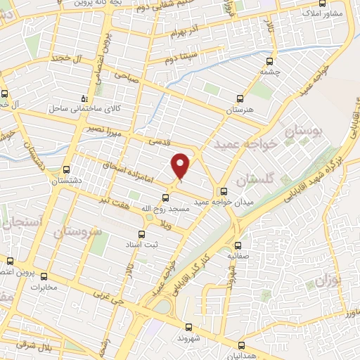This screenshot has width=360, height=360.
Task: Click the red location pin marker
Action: pyautogui.click(x=181, y=166)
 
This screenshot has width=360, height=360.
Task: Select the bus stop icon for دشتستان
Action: pyautogui.click(x=66, y=169)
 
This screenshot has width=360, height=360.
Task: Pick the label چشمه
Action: pyautogui.click(x=270, y=71)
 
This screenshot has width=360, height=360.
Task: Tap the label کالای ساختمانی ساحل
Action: pyautogui.click(x=77, y=109)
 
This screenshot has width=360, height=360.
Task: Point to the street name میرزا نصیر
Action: pyautogui.click(x=98, y=131)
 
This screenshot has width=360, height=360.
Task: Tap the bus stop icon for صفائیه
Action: pyautogui.click(x=238, y=245)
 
